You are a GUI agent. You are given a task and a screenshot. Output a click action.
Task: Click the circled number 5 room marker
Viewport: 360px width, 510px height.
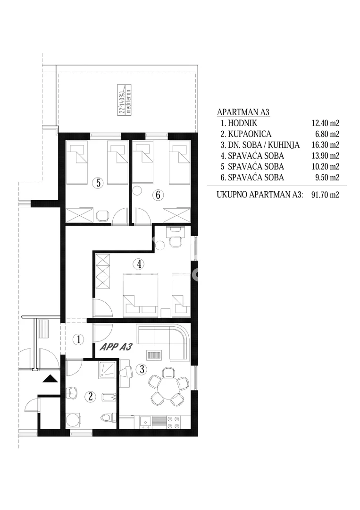[x=98, y=183]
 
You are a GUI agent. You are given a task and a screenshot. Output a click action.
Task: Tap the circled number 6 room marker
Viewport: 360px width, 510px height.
[x=158, y=195]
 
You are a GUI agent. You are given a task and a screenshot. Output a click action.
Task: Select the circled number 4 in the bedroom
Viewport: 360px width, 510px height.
[x=139, y=264]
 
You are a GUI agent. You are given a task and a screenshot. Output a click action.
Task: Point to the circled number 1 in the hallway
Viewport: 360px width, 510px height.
[x=78, y=340]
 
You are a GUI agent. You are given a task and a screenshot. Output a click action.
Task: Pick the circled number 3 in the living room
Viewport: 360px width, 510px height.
[x=142, y=369]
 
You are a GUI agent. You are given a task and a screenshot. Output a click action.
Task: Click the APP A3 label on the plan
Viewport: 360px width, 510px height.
[x=116, y=347]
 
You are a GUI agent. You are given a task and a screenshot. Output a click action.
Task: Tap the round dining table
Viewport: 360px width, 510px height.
[x=168, y=386]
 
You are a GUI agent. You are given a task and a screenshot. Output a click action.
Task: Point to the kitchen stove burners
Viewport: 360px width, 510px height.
[x=173, y=422]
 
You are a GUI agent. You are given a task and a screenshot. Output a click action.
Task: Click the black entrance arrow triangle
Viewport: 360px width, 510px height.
[x=50, y=379]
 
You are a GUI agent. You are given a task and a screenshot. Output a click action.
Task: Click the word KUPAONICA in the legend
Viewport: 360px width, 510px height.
[x=250, y=134]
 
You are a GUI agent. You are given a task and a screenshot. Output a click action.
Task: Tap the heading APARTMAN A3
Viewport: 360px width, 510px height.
[x=243, y=112]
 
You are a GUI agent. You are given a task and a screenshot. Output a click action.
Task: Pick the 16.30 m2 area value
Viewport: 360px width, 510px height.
[x=325, y=145]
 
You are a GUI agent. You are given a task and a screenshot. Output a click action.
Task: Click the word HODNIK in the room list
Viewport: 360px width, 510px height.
[x=243, y=123]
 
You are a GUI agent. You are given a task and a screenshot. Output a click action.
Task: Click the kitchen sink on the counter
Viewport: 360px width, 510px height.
[x=146, y=422]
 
